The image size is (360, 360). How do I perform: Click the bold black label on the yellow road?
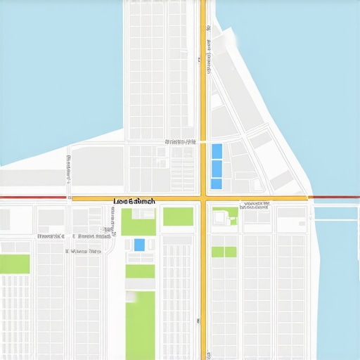134,202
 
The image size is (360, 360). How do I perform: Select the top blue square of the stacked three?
217,150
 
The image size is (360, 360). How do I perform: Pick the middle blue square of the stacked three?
217,168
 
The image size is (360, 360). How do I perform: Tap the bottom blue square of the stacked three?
217,184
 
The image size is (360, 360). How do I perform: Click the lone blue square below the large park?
139,245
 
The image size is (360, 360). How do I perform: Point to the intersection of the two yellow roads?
203,199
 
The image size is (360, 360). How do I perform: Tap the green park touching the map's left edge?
15,264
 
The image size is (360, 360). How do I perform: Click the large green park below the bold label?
139,221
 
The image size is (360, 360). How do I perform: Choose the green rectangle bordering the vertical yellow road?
178,217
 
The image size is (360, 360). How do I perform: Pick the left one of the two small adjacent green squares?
217,252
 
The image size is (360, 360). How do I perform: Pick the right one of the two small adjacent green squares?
231,252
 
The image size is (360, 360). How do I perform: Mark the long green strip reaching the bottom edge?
141,325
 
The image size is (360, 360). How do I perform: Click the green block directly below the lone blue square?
140,271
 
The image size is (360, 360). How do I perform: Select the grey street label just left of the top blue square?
180,142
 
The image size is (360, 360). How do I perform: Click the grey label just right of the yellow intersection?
255,206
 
